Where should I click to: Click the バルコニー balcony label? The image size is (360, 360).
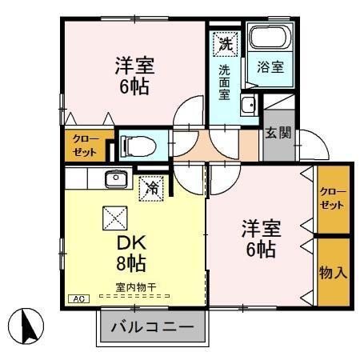pos(151,327)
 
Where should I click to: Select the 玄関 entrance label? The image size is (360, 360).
pos(278,133)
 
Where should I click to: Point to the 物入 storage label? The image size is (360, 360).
pos(334,272)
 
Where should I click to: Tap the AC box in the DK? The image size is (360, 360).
pos(80,299)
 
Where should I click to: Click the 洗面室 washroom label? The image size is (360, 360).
pos(225,82)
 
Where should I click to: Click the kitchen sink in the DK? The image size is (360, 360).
pos(116,178)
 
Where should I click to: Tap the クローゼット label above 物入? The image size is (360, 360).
pos(333,198)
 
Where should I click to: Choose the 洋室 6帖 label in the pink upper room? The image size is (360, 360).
pos(134,75)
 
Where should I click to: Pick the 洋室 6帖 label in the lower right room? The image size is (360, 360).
pos(260,238)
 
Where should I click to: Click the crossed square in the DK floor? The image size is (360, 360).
pos(112,217)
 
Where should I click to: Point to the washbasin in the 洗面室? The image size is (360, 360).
pos(249,105)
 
